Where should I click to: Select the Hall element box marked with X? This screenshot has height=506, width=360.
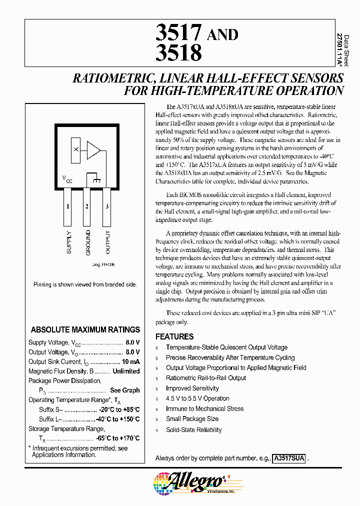[76, 149]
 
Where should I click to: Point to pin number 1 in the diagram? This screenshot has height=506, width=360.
[67, 206]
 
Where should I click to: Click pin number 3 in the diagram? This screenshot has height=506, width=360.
[107, 206]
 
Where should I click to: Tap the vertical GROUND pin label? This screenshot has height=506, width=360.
[87, 242]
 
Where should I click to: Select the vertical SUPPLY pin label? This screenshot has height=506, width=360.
[68, 242]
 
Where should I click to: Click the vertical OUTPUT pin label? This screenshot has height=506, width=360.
[107, 242]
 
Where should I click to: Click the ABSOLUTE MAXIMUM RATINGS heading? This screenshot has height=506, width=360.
[85, 330]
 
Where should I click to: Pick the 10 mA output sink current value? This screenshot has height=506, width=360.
[130, 361]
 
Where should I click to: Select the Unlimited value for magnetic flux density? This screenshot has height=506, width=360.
[126, 371]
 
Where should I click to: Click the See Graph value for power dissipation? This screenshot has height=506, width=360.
[125, 390]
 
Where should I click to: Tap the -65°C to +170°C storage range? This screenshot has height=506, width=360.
[117, 438]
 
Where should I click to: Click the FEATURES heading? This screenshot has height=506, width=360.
[174, 336]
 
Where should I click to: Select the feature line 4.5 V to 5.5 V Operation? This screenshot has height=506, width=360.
[197, 398]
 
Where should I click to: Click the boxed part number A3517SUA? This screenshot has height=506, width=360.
[289, 458]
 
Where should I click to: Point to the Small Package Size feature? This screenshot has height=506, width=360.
[192, 419]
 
